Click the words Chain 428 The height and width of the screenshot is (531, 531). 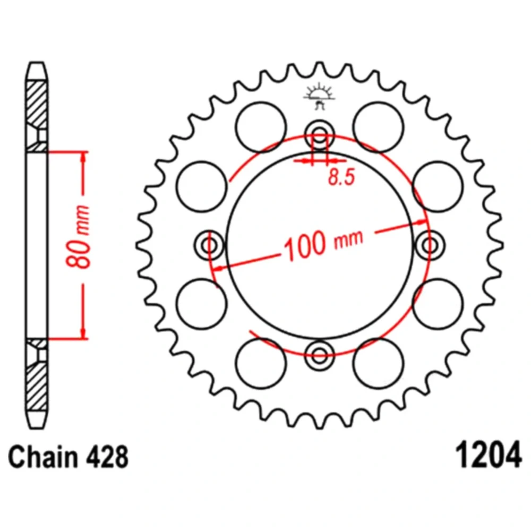pyautogui.click(x=68, y=457)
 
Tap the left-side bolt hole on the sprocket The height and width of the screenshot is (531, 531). pyautogui.click(x=210, y=245)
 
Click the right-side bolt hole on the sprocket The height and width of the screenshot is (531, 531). pyautogui.click(x=429, y=245)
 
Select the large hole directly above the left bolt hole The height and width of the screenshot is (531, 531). pyautogui.click(x=201, y=186)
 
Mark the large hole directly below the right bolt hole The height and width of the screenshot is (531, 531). pyautogui.click(x=437, y=304)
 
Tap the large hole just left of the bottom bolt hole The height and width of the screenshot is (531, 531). pyautogui.click(x=261, y=363)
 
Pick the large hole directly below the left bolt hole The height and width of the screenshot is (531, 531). pyautogui.click(x=201, y=304)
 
